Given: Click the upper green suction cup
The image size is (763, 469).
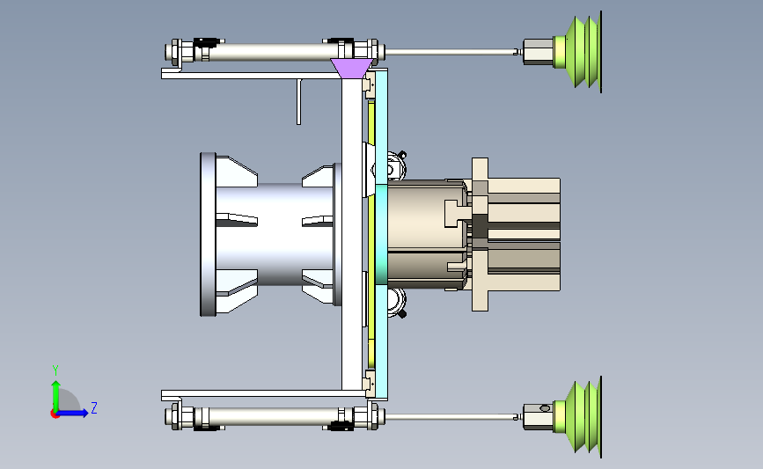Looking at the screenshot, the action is [x=582, y=52].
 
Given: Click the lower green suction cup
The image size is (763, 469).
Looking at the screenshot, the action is [x=582, y=417].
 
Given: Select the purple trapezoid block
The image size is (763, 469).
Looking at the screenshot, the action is [x=352, y=69].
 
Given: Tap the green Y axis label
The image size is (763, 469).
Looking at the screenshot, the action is [x=55, y=370].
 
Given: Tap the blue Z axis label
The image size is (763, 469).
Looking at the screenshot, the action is [x=94, y=407].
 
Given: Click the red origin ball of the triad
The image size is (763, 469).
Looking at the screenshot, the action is [x=55, y=414].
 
